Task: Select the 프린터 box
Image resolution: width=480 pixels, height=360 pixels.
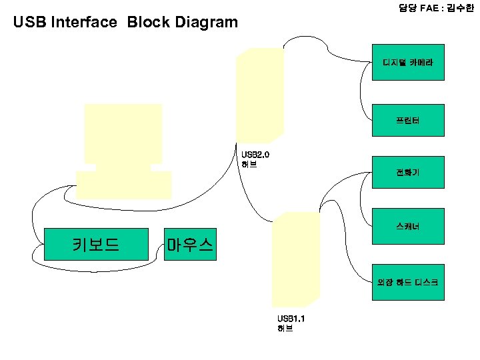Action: (x=407, y=121)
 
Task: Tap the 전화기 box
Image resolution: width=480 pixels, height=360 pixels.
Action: (x=407, y=173)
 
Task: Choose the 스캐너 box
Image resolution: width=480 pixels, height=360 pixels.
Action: (x=407, y=227)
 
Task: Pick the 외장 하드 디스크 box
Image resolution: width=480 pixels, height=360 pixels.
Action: (x=407, y=282)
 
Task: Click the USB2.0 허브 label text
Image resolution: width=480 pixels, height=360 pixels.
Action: (x=255, y=159)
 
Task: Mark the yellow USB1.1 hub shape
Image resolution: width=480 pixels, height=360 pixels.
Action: (x=295, y=257)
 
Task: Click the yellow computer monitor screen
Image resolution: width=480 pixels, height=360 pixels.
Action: (x=123, y=133)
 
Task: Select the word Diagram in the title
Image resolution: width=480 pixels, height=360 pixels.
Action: (x=206, y=23)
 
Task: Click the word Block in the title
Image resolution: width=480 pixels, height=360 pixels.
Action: (x=148, y=23)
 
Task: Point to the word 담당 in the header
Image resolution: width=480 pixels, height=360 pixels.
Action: (x=407, y=7)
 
